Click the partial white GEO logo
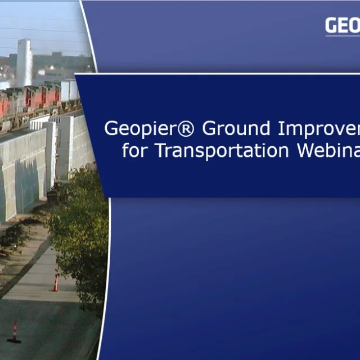(x=342, y=26)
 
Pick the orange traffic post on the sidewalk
(x=56, y=282)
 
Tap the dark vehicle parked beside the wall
(x=52, y=194)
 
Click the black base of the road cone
(x=14, y=340)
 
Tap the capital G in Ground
(x=210, y=129)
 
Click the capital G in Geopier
(x=111, y=129)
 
